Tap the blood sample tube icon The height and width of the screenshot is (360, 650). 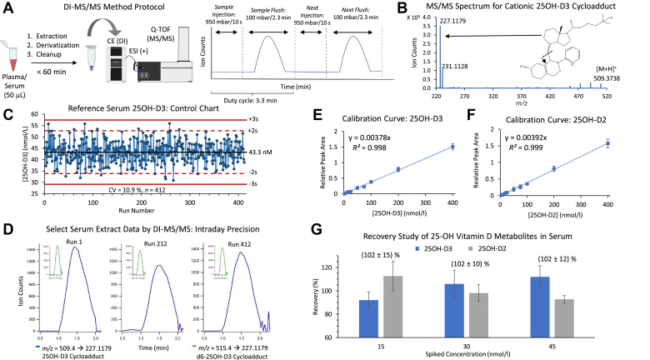17,55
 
